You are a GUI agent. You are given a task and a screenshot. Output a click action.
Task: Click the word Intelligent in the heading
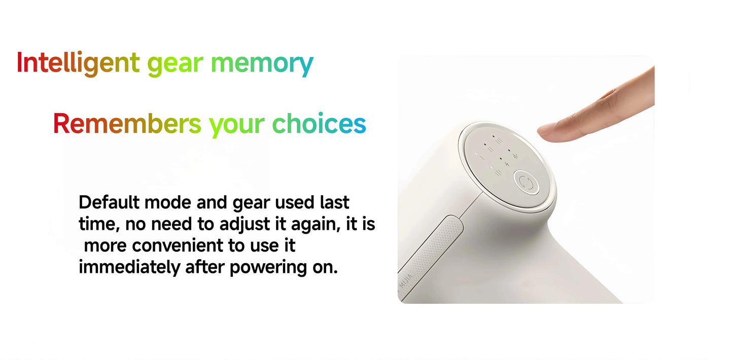click(78, 63)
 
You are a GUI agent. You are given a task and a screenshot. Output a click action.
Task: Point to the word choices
click(319, 124)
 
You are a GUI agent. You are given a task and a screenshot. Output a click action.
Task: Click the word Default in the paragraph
click(109, 203)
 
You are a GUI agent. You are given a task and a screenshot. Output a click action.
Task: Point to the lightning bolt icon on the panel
click(508, 164)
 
